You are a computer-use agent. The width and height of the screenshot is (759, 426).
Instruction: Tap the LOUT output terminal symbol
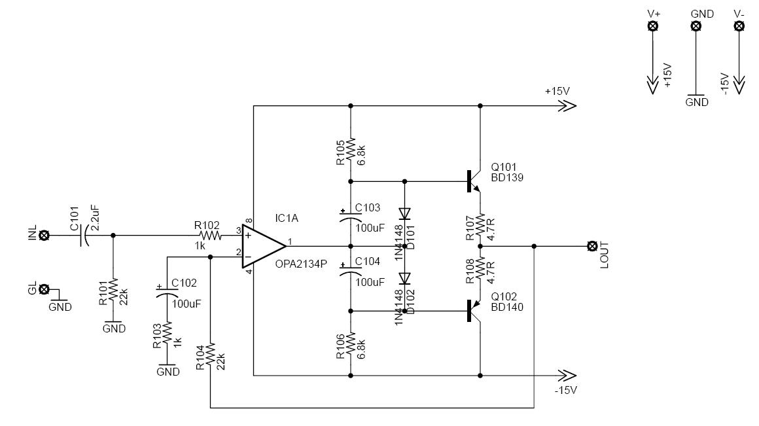(593, 246)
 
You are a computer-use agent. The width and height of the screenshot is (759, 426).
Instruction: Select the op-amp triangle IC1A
(262, 246)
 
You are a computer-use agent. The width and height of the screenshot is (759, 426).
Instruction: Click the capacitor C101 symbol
(84, 235)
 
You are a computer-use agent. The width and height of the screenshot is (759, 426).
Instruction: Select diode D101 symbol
(404, 213)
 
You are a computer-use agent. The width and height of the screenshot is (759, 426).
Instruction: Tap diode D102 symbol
(404, 277)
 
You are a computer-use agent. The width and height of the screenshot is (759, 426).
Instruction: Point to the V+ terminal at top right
(652, 26)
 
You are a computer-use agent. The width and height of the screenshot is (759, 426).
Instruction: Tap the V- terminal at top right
(739, 26)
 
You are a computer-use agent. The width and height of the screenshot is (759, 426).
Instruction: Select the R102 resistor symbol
(209, 235)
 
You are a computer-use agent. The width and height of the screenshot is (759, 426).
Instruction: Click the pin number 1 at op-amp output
(290, 240)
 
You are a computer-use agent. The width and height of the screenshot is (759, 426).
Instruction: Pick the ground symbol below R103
(168, 366)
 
